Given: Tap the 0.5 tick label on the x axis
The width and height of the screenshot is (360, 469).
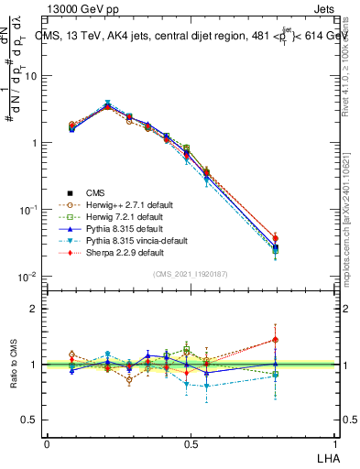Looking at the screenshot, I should (x=191, y=443).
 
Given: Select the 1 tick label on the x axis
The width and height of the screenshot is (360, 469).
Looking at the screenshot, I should (x=334, y=443).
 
